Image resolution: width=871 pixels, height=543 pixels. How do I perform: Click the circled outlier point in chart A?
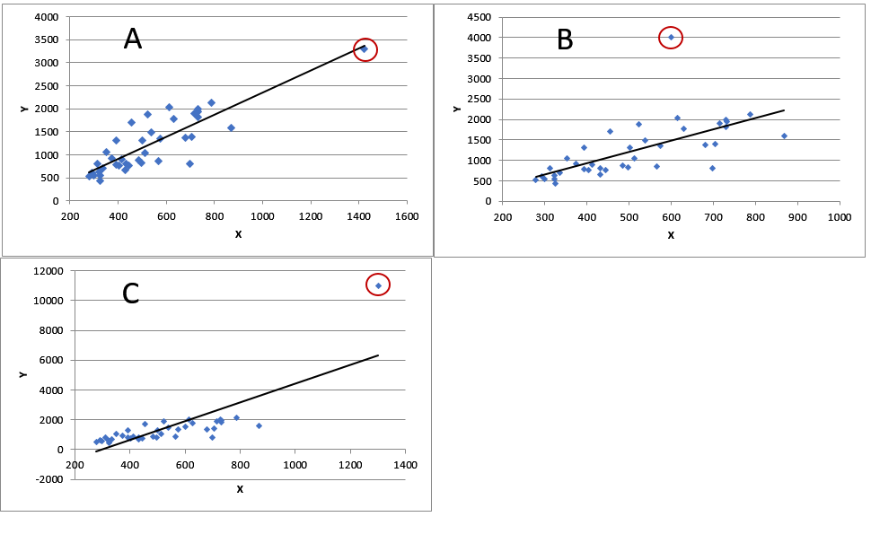point(365,49)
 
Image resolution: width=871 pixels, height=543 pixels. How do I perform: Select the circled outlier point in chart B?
point(671,37)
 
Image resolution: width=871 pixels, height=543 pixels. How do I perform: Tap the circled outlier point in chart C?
point(378,285)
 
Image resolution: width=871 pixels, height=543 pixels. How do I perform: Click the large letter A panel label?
point(133,39)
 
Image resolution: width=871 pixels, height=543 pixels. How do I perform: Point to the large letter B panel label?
point(565,39)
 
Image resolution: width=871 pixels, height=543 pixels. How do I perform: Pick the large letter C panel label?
point(131,293)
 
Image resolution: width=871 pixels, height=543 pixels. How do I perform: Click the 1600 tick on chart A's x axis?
point(408,217)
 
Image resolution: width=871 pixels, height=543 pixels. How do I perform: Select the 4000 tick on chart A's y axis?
point(46,17)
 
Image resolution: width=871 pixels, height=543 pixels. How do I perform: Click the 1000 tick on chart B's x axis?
point(840,217)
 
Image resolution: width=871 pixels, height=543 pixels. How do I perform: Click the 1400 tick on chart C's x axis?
point(406,465)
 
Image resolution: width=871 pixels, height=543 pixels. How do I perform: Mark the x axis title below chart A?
point(238,234)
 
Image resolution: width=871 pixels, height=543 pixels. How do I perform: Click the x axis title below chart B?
point(671,234)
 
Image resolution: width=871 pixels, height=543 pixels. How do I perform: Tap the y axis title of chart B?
point(457,109)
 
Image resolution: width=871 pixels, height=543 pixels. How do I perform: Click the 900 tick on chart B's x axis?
point(797,217)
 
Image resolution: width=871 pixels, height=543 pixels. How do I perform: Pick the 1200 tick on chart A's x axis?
point(311,217)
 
